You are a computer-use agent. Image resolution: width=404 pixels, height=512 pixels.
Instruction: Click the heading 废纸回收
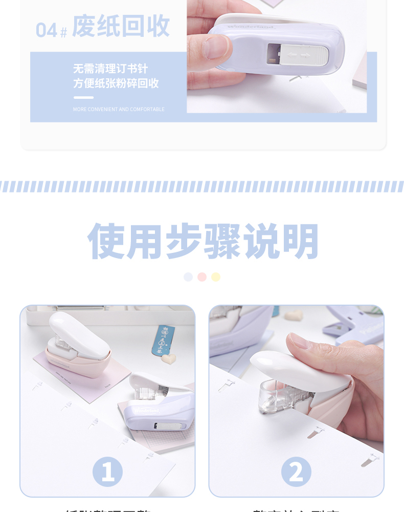click(121, 27)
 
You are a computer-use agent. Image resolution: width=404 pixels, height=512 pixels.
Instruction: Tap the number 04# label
click(51, 30)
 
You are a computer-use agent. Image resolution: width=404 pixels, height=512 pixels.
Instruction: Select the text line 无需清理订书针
click(110, 69)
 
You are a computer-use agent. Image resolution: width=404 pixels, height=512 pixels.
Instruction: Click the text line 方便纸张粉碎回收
click(116, 83)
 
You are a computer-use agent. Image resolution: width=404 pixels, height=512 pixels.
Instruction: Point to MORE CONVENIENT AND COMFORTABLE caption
click(119, 109)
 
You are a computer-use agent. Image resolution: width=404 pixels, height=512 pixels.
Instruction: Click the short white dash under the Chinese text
click(83, 97)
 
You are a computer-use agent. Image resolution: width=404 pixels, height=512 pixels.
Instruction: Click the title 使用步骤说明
click(203, 242)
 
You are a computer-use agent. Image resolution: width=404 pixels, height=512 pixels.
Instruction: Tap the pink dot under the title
click(202, 277)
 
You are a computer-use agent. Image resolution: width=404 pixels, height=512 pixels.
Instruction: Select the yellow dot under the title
click(216, 277)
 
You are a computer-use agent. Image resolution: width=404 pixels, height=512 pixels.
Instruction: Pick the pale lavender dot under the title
click(188, 277)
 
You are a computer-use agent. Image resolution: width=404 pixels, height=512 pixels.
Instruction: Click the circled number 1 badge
click(107, 472)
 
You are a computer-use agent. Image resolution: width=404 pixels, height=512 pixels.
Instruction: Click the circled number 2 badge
click(296, 472)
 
